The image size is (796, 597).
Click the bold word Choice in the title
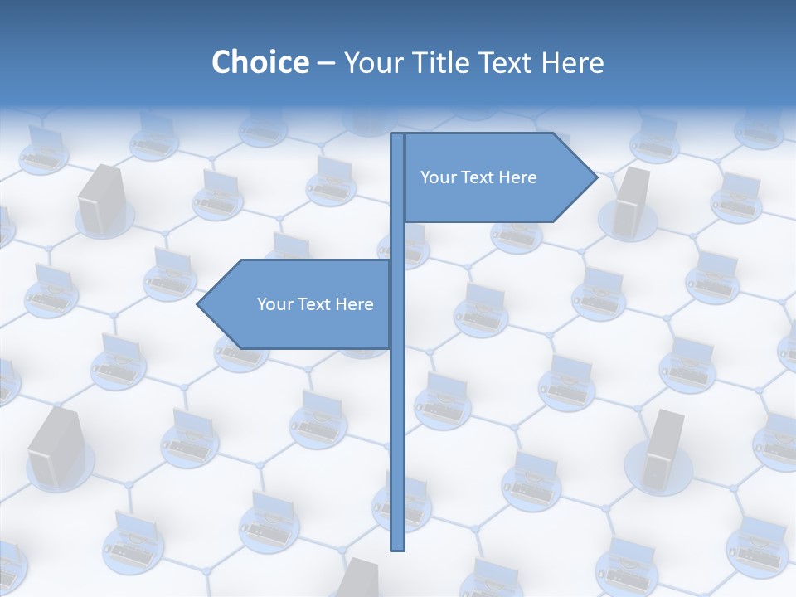260,62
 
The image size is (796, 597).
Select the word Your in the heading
373,62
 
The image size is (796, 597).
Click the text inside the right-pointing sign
478,177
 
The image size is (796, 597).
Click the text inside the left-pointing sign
315,304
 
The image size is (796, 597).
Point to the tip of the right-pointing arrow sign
596,177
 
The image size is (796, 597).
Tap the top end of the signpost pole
398,134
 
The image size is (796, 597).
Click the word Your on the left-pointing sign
274,304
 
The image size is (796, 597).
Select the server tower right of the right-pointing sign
632,201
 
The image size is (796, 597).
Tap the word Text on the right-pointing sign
479,177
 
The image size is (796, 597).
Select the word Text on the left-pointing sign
316,304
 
